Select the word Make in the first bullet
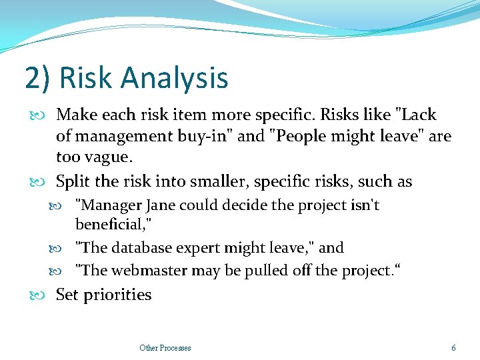click(x=75, y=115)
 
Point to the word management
click(x=127, y=137)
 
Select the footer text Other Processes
click(x=165, y=347)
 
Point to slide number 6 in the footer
click(x=453, y=347)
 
